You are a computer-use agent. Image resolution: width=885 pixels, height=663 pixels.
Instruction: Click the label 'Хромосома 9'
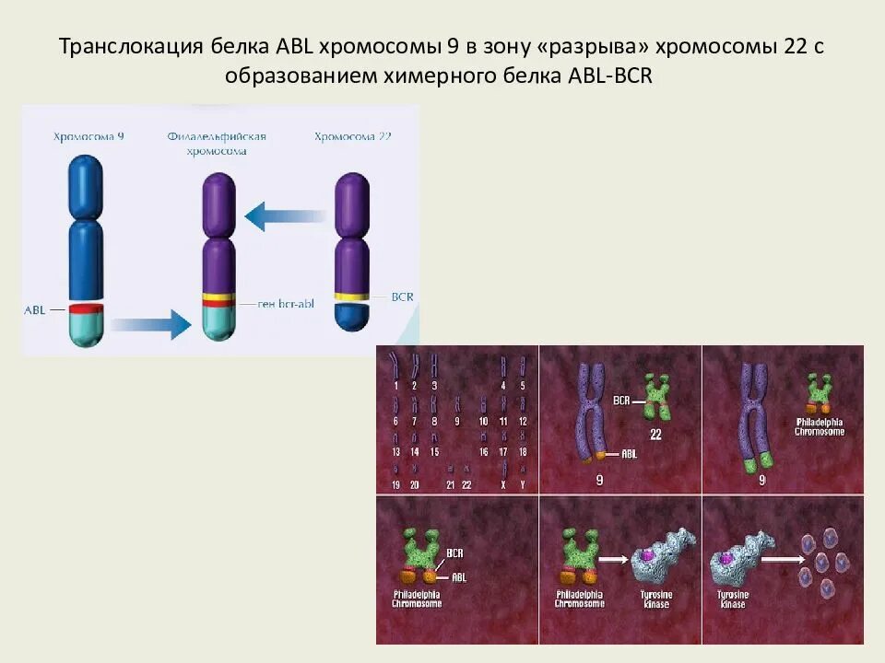[88, 136]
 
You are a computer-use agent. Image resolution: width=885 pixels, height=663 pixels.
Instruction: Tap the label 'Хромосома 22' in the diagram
[352, 136]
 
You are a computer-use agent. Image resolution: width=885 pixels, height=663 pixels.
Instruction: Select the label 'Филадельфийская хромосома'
[217, 144]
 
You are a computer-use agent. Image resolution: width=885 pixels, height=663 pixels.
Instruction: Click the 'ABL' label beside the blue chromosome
[34, 310]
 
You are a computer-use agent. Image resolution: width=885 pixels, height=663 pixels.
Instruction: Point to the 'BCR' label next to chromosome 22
[402, 297]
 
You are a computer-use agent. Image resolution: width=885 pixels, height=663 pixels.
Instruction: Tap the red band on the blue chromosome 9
[88, 308]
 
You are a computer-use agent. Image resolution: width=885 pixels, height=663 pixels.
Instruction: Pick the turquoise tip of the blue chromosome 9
[88, 331]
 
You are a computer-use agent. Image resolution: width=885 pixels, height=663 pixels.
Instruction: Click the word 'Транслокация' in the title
[126, 47]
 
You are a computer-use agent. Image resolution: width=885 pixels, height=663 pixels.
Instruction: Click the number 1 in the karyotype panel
[395, 385]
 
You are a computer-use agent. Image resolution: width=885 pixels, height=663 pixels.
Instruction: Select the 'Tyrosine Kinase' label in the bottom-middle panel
[656, 599]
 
